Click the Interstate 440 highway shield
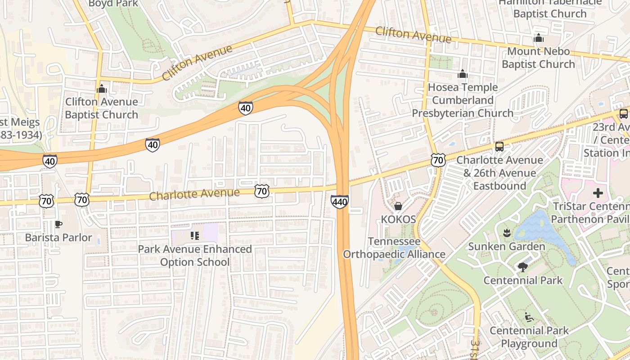point(339,202)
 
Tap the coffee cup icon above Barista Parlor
point(58,224)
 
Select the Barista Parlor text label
point(58,237)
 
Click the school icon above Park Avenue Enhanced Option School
point(195,235)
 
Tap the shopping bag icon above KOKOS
point(398,206)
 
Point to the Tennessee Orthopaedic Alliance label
point(394,248)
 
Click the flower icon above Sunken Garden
point(506,233)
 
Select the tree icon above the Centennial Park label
point(522,267)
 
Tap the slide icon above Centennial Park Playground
point(529,317)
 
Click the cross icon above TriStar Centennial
point(598,193)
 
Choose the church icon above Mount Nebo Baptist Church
point(538,38)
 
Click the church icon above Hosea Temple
point(463,74)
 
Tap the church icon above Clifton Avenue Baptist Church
point(102,89)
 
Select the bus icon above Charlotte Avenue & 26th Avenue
point(499,146)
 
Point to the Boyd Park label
point(113,4)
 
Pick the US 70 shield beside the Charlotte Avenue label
point(261,191)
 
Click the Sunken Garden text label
point(507,246)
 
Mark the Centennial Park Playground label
point(529,337)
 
